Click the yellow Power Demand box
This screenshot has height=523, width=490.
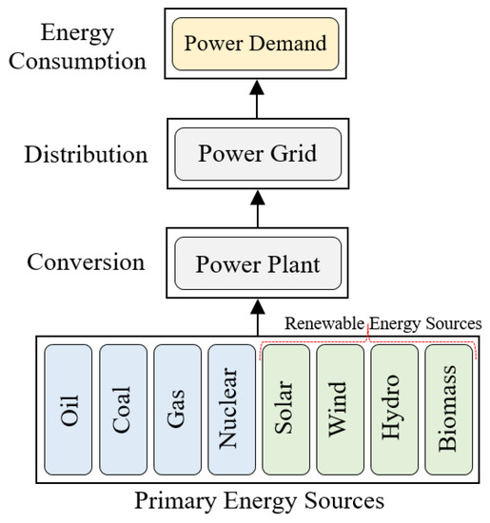(x=255, y=44)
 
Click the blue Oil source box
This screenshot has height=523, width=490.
(x=68, y=410)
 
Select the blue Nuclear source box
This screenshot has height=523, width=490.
(x=232, y=410)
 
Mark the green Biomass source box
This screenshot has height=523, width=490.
(x=449, y=410)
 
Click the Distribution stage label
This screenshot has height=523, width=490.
(x=87, y=154)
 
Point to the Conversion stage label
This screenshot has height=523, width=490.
(x=87, y=261)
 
